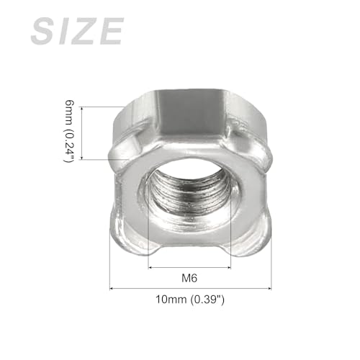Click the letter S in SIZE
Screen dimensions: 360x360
pos(43,32)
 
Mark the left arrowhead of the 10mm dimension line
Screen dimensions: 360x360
pos(112,289)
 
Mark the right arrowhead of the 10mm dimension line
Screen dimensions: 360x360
pos(270,289)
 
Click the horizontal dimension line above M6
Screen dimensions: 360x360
pos(190,267)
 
